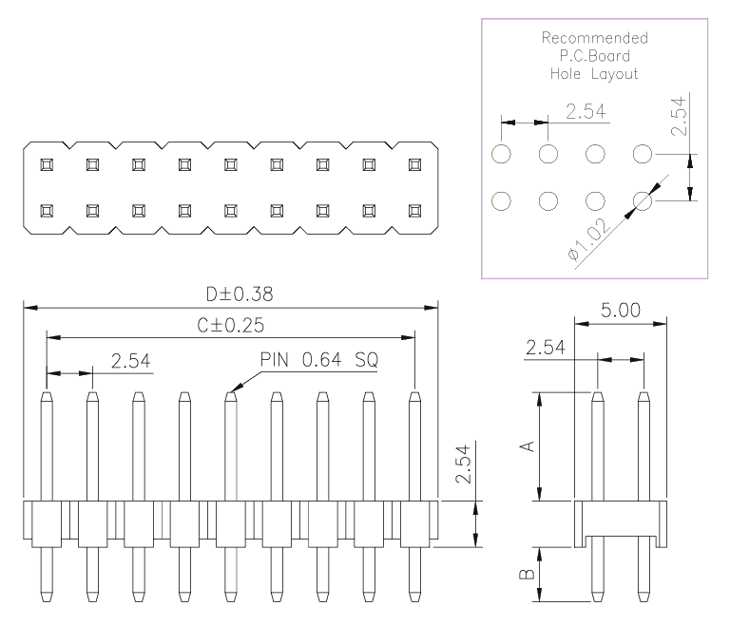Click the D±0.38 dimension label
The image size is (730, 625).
pyautogui.click(x=240, y=294)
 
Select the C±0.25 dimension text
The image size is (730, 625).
pyautogui.click(x=230, y=325)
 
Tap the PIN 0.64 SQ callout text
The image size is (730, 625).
pyautogui.click(x=319, y=360)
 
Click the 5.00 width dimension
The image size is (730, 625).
pyautogui.click(x=620, y=310)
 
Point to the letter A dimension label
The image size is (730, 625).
pyautogui.click(x=527, y=446)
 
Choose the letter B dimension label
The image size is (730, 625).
pyautogui.click(x=527, y=575)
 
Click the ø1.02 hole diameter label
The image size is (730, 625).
pyautogui.click(x=588, y=239)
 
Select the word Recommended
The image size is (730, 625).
pyautogui.click(x=594, y=38)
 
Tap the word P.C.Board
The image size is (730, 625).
pyautogui.click(x=594, y=56)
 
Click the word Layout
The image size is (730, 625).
pyautogui.click(x=615, y=74)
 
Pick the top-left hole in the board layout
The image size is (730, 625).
pyautogui.click(x=501, y=154)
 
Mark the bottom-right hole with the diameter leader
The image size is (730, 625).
pyautogui.click(x=643, y=201)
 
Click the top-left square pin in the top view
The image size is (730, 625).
pyautogui.click(x=47, y=164)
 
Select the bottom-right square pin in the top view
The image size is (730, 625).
pyautogui.click(x=414, y=211)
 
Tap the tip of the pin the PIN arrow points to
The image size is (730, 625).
pyautogui.click(x=230, y=393)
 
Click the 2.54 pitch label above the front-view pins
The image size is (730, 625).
pyautogui.click(x=131, y=361)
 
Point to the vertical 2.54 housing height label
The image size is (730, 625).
pyautogui.click(x=463, y=464)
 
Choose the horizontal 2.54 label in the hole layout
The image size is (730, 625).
pyautogui.click(x=586, y=111)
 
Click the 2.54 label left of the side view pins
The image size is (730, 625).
pyautogui.click(x=546, y=348)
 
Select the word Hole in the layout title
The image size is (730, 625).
pyautogui.click(x=566, y=73)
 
